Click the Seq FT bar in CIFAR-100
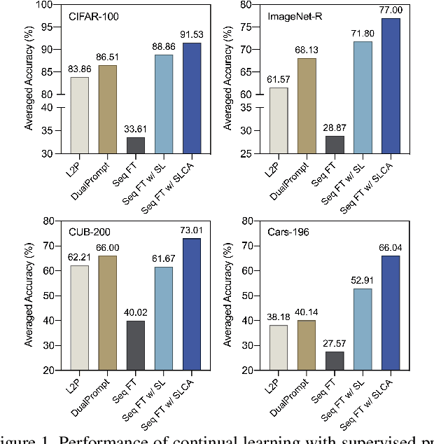135,145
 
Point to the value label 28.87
335,128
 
